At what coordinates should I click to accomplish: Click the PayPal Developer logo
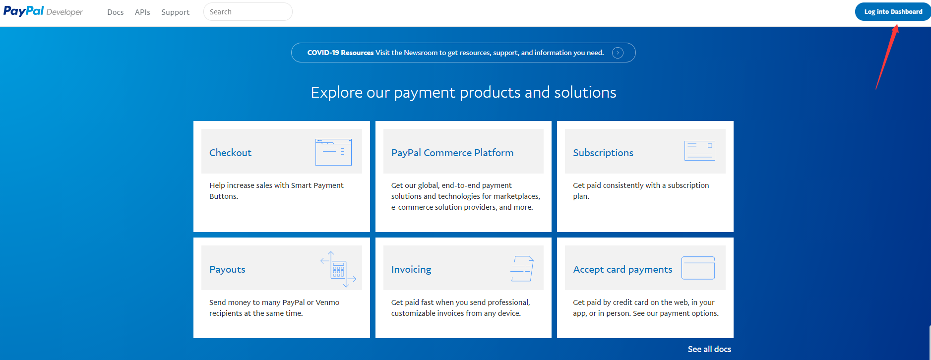43,11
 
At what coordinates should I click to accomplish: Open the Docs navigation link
115,12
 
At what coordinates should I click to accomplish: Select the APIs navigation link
142,12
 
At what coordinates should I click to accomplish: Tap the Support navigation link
175,12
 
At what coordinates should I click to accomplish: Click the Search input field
248,12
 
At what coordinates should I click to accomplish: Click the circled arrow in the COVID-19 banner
618,53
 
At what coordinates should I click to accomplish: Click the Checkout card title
230,153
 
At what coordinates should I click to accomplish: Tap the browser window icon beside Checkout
333,152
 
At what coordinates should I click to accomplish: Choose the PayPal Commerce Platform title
452,153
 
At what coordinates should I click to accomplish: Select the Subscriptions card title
603,153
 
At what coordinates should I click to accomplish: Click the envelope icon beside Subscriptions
699,151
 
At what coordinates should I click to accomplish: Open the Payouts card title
227,269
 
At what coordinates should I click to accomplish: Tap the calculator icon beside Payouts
338,269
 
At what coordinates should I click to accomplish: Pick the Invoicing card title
411,269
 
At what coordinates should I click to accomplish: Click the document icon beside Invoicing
522,268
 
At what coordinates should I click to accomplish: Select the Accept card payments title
622,269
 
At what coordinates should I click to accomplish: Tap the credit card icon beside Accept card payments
698,268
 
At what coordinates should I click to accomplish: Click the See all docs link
709,349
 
